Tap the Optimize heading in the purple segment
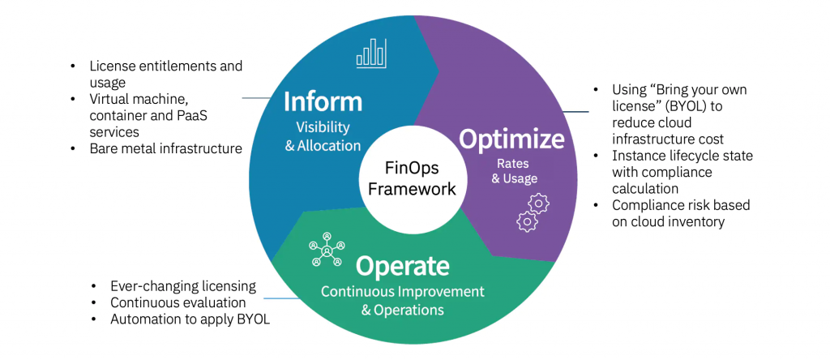(x=511, y=139)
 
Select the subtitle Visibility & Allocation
(x=322, y=137)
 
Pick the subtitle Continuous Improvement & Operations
(x=402, y=300)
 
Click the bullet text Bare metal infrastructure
(x=166, y=148)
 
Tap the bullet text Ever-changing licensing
(x=183, y=286)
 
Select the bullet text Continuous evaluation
(x=178, y=302)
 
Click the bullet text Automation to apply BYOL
(x=190, y=319)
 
